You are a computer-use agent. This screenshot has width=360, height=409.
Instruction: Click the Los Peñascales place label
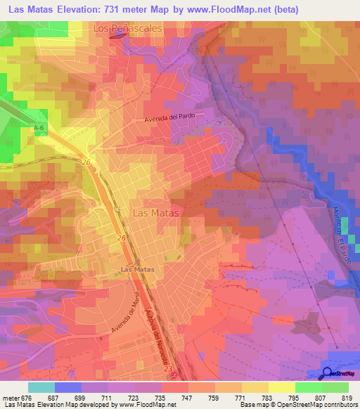pyautogui.click(x=128, y=29)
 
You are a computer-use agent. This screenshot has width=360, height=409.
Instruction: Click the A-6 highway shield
pyautogui.click(x=39, y=127)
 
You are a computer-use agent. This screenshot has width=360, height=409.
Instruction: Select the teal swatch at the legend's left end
pyautogui.click(x=41, y=387)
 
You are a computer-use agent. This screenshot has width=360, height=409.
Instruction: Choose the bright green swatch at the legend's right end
pyautogui.click(x=335, y=387)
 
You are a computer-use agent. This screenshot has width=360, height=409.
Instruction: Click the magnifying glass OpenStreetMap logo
pyautogui.click(x=328, y=373)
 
